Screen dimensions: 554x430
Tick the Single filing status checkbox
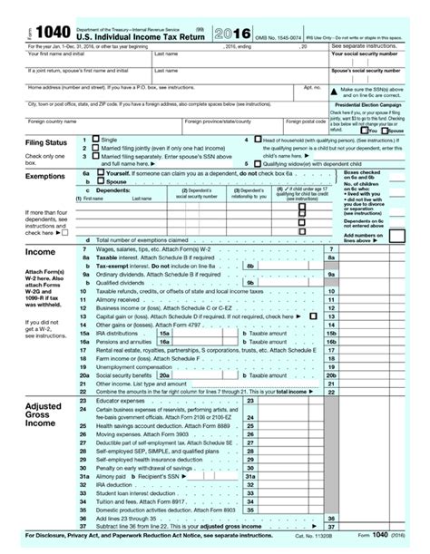click(x=96, y=141)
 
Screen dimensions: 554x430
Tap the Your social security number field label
click(x=365, y=54)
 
